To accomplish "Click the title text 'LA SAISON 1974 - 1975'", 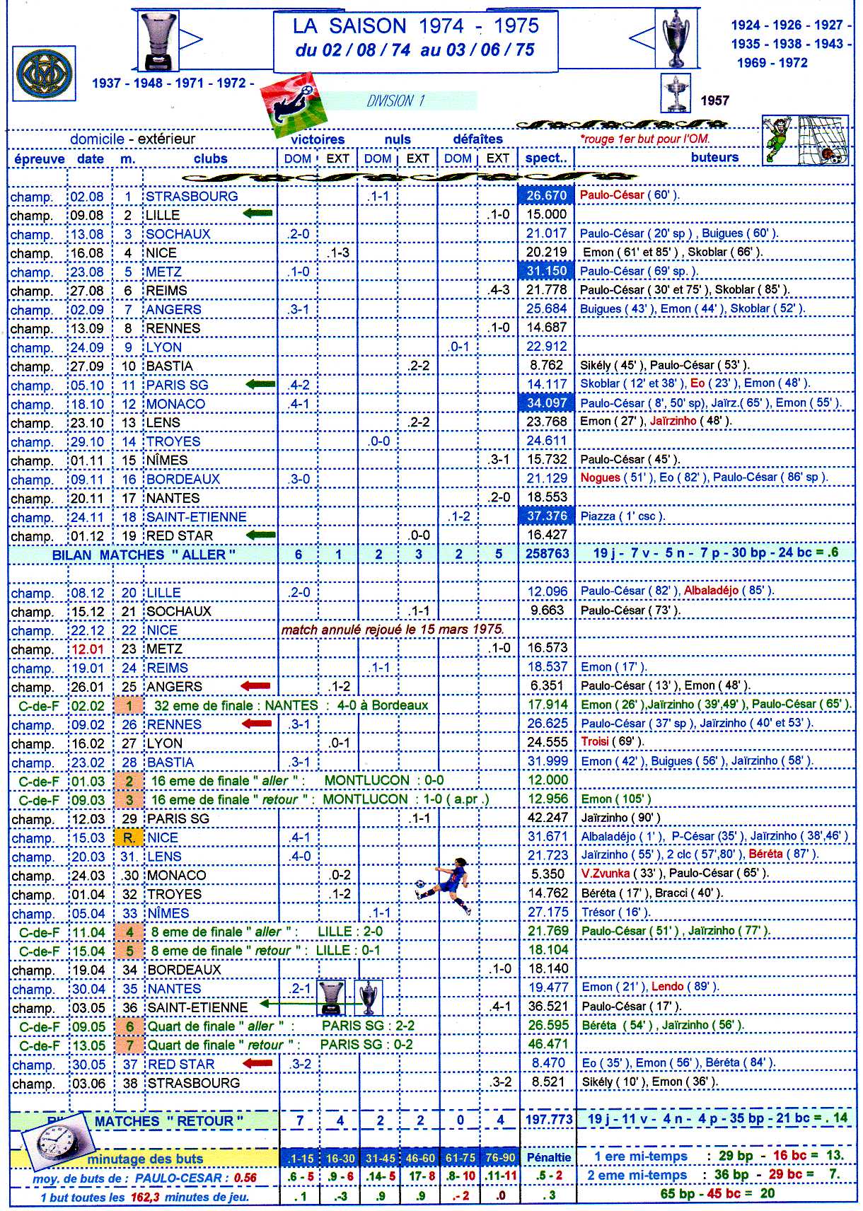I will tap(416, 26).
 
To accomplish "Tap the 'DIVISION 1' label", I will tap(395, 101).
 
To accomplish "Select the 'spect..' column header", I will tap(546, 158).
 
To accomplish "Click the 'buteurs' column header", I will tap(714, 158).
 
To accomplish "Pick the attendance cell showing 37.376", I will tap(547, 516).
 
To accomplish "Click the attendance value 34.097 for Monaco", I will tap(547, 403).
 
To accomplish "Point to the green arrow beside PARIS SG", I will tap(260, 384).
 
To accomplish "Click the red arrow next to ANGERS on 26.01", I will tap(255, 686).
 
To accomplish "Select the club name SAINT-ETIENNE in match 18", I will tap(196, 517).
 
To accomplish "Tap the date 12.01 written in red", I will tap(88, 649).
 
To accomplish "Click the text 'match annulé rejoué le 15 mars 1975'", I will tap(393, 630).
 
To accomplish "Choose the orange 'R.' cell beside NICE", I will tap(129, 838).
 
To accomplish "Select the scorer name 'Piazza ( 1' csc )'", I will tap(622, 516).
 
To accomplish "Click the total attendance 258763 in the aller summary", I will tap(547, 554).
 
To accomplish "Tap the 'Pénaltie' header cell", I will tap(548, 1158).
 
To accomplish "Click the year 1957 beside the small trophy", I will tap(714, 100).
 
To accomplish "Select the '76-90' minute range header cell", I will tap(499, 1158).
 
